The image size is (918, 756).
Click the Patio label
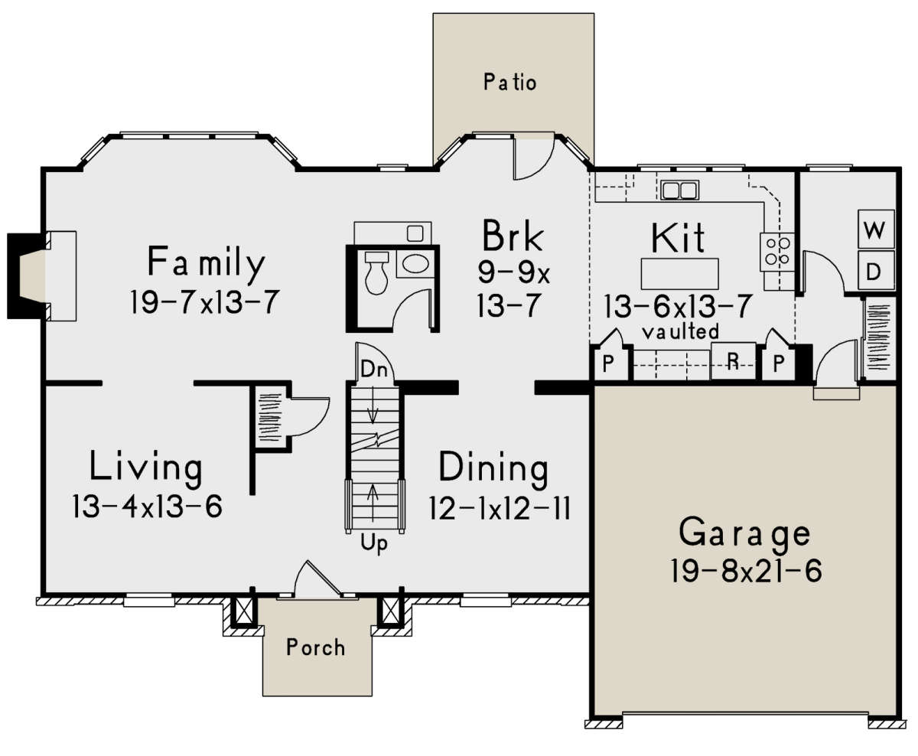click(x=509, y=82)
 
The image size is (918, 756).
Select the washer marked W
click(x=876, y=229)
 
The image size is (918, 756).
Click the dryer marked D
click(x=876, y=270)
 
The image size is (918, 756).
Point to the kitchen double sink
click(x=679, y=191)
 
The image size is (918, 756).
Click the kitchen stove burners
click(x=777, y=252)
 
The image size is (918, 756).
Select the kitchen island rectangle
click(x=679, y=274)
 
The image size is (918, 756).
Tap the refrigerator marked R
click(x=734, y=360)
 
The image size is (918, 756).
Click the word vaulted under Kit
click(x=680, y=332)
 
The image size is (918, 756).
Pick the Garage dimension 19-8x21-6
click(x=745, y=571)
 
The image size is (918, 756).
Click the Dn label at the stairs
click(x=374, y=370)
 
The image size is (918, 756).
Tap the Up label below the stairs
click(x=374, y=544)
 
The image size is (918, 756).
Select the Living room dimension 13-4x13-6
click(x=147, y=506)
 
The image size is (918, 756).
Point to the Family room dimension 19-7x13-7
click(x=204, y=301)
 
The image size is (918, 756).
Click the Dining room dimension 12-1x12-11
click(x=500, y=508)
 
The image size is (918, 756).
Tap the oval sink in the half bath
click(x=415, y=263)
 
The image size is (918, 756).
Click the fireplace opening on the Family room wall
click(x=33, y=275)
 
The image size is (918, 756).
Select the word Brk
click(x=513, y=236)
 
